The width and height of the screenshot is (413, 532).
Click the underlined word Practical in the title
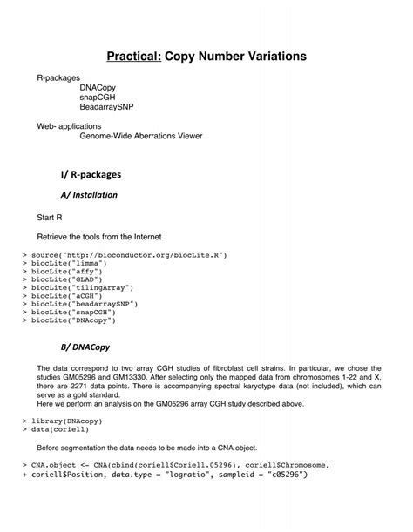137,57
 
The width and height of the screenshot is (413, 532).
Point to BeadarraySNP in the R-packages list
107,108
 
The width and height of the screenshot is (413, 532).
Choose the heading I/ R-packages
90,175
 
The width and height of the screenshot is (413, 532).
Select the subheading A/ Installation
89,194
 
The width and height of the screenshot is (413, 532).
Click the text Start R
51,216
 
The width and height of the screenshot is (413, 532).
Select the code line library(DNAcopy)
62,421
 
